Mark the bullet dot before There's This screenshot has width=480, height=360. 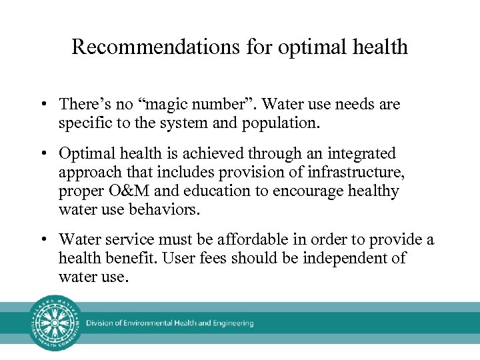click(x=42, y=105)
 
